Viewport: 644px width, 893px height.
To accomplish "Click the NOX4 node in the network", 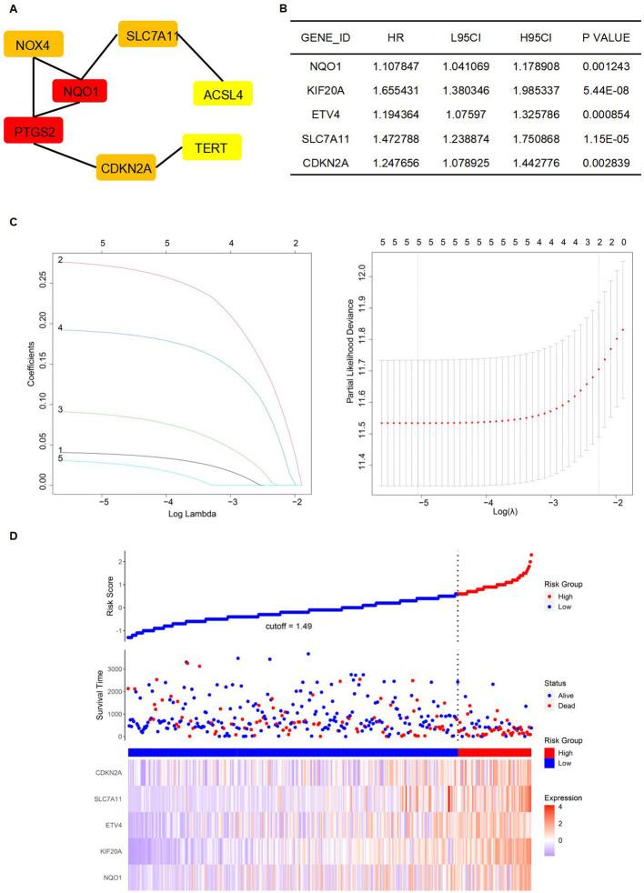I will [x=34, y=43].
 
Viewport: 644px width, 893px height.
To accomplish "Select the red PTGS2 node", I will [x=32, y=130].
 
